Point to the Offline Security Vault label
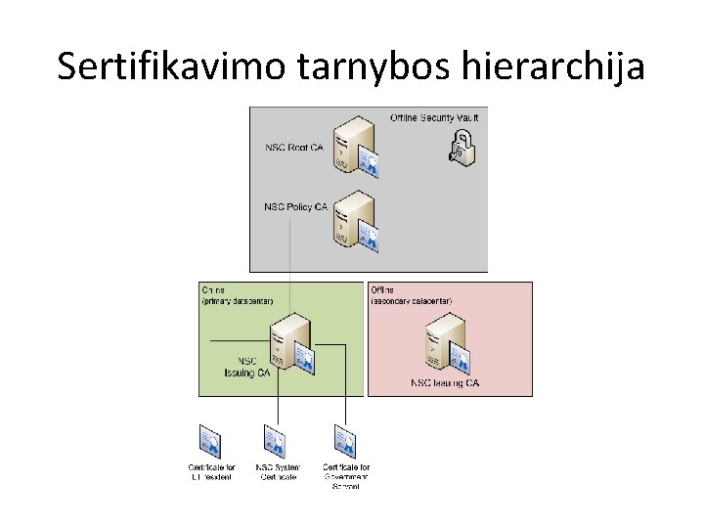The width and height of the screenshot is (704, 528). point(433,118)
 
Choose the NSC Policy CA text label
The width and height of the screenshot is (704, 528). point(295,207)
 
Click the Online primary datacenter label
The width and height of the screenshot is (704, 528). point(237,295)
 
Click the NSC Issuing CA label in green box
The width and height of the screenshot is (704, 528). point(246,367)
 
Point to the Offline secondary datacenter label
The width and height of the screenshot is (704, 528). point(412,295)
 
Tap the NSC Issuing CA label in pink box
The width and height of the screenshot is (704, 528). point(445,383)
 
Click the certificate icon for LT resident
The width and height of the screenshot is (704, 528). point(210,441)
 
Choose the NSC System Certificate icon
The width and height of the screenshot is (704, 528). point(275,441)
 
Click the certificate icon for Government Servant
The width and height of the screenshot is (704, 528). point(345,441)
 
